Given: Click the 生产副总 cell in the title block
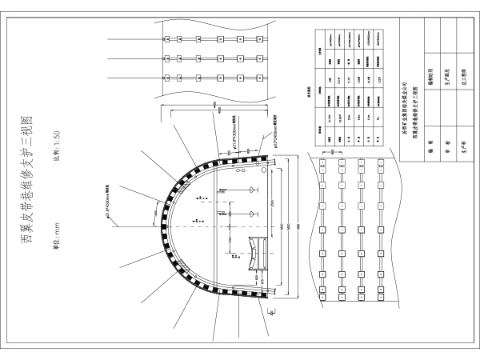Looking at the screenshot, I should (446, 79).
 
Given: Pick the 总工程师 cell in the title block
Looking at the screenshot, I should (463, 79).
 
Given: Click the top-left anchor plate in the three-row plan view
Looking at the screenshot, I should (166, 39).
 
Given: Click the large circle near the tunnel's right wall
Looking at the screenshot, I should (240, 170).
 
